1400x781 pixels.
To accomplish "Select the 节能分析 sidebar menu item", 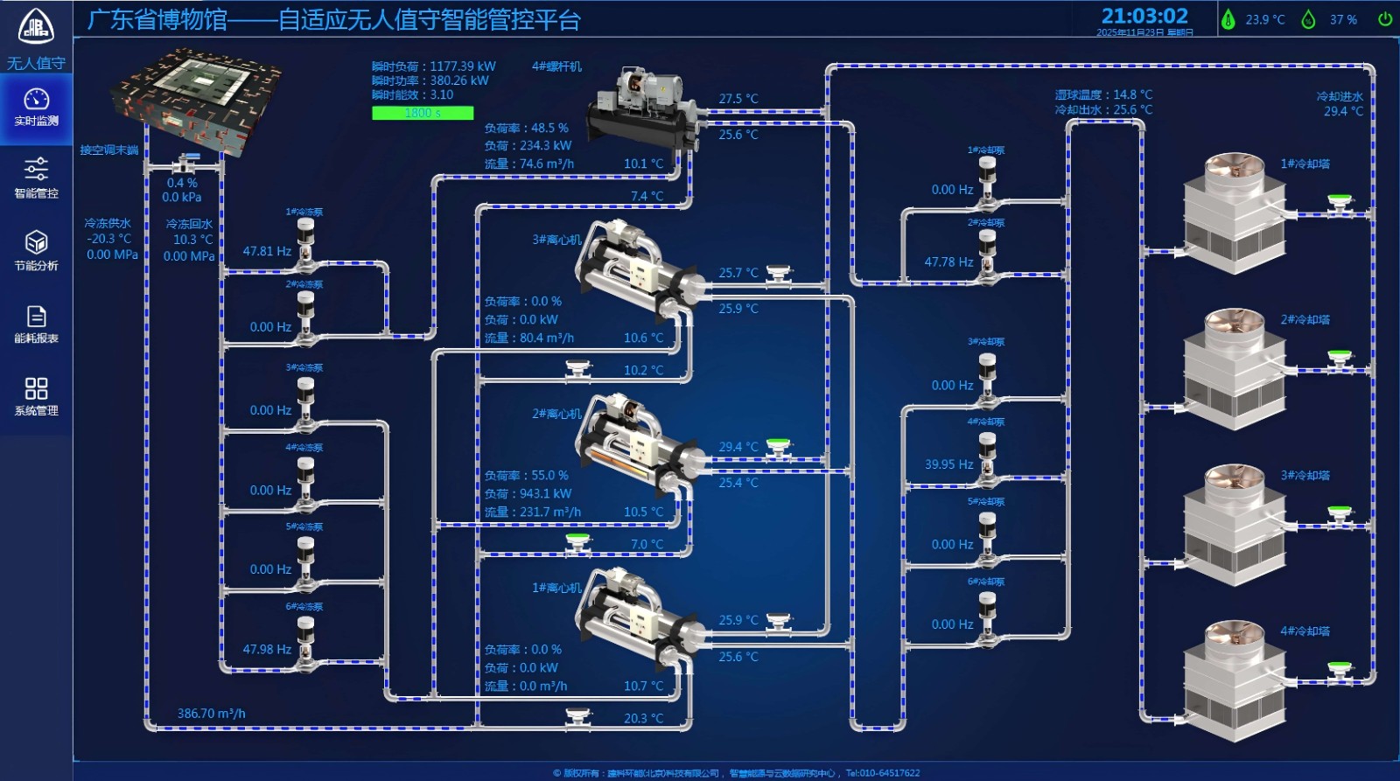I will [36, 252].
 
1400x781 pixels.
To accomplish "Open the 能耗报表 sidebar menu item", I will [36, 324].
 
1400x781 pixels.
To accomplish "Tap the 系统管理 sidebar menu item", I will [36, 397].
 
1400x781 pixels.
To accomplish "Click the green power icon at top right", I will [1385, 19].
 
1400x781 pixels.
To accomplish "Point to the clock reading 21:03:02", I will [1144, 17].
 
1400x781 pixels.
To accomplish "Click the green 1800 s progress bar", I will [423, 113].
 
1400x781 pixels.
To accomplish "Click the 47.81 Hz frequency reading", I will [267, 252].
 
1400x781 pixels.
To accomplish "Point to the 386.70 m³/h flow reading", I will [211, 714].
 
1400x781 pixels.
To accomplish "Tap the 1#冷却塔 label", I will [1305, 164].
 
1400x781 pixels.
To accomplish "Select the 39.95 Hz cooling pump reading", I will [948, 464].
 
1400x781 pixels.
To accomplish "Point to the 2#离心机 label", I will [556, 414].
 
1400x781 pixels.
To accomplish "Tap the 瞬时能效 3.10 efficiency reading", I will [412, 94].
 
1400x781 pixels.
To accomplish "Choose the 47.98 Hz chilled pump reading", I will [267, 650].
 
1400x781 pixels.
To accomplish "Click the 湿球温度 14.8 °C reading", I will [1102, 94].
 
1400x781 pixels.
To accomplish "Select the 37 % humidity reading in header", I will [1343, 19].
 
